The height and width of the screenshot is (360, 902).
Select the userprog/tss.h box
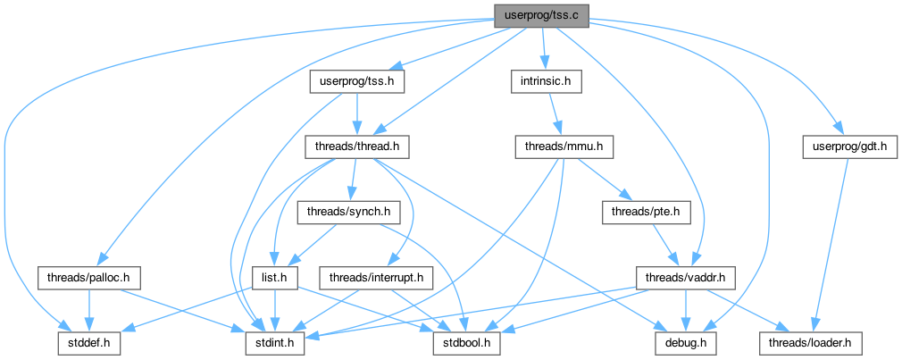(357, 82)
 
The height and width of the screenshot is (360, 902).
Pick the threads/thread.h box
(357, 149)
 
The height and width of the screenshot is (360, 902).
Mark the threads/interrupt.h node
(376, 279)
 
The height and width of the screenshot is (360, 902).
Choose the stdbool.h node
(467, 344)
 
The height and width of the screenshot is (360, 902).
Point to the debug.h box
(685, 344)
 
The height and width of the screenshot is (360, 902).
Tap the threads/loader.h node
(812, 344)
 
